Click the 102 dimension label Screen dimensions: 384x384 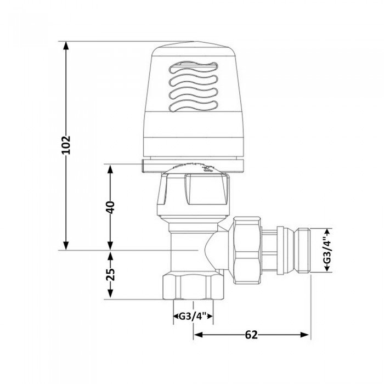[x=66, y=145]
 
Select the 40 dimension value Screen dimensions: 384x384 [x=110, y=207]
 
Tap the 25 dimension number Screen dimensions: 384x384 [x=110, y=275]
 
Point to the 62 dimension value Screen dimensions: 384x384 [x=251, y=335]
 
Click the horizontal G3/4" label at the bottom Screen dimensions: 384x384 [x=193, y=317]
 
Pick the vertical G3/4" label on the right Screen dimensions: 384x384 [x=327, y=250]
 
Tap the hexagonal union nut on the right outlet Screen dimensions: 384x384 [x=246, y=250]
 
